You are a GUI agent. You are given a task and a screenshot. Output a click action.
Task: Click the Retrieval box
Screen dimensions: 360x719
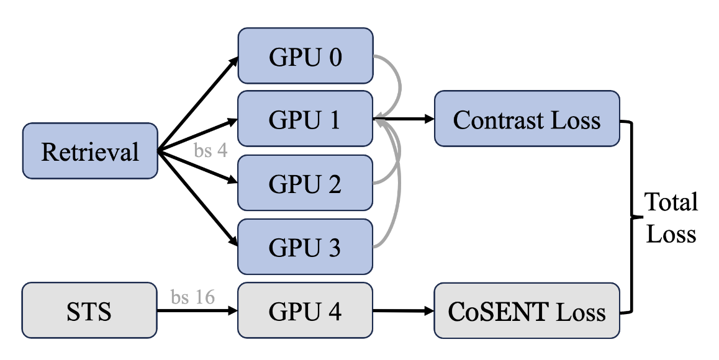[90, 151]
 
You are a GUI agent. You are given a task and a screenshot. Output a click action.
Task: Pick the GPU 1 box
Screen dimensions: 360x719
[305, 119]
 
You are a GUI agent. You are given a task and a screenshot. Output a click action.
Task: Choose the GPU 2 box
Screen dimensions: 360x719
[305, 184]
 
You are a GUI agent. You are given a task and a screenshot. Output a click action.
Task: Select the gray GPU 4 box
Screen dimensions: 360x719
[305, 310]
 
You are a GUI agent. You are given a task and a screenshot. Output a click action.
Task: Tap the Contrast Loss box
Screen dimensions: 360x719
[527, 119]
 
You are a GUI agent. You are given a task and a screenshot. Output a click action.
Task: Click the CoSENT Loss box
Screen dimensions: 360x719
[527, 310]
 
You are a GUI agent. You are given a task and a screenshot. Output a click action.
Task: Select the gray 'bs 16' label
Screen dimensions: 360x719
[194, 297]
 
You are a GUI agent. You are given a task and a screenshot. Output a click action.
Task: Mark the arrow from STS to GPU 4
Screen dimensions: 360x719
[197, 311]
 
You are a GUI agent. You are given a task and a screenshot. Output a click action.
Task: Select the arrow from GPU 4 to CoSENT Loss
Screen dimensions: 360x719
[404, 310]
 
